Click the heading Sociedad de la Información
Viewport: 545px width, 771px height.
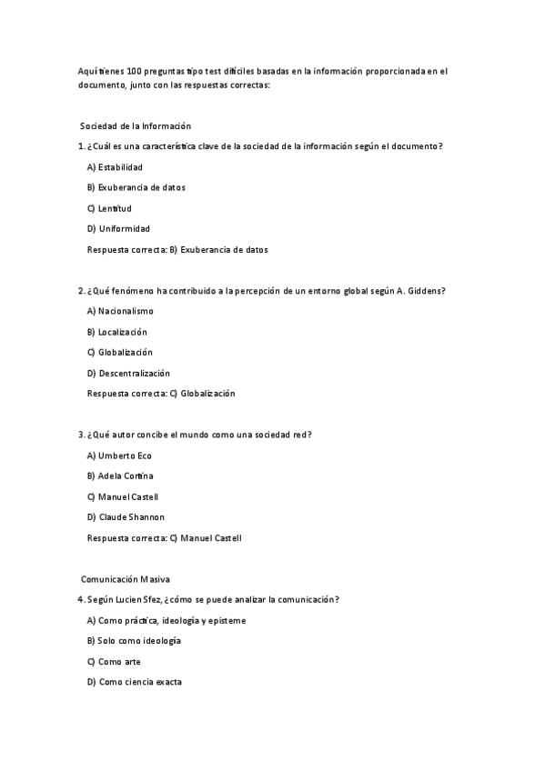[x=136, y=125]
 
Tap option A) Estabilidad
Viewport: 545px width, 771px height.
[x=115, y=167]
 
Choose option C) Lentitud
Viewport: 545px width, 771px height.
[x=109, y=208]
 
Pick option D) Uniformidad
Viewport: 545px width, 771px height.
[x=118, y=228]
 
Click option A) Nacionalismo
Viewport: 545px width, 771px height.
[x=120, y=311]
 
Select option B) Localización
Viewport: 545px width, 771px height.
[x=116, y=332]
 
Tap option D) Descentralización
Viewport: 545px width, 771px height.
[x=128, y=373]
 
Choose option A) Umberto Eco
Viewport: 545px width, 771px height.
[x=119, y=456]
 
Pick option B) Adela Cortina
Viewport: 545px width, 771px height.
[x=120, y=476]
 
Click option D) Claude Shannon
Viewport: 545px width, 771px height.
[x=126, y=517]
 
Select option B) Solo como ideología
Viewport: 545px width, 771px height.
[x=134, y=640]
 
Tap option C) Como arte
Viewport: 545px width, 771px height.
[x=114, y=661]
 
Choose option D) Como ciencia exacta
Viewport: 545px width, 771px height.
[x=134, y=682]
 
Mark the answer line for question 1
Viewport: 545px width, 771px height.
[x=177, y=249]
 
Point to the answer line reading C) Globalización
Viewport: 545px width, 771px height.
[x=160, y=394]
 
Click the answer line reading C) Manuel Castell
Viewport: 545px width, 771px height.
[x=164, y=538]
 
